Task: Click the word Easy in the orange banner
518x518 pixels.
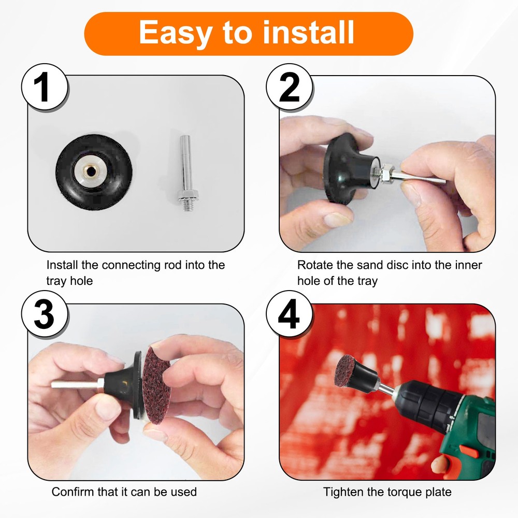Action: (x=175, y=33)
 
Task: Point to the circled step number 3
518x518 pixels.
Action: (x=45, y=314)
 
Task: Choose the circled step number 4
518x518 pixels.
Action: (x=290, y=314)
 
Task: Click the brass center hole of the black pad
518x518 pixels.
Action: (x=90, y=171)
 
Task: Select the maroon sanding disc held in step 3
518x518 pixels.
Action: (x=156, y=385)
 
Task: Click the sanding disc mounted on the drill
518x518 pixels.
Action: (x=343, y=369)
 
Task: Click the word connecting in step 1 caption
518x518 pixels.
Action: (x=131, y=265)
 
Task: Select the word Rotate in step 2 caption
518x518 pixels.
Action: (x=315, y=265)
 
